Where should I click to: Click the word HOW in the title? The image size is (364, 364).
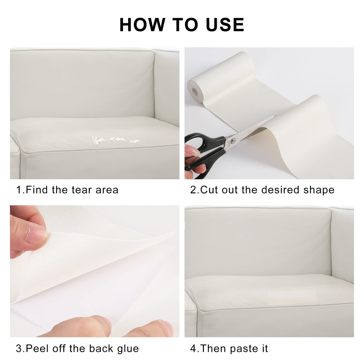coord(142,25)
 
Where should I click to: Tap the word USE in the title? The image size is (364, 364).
coord(225,25)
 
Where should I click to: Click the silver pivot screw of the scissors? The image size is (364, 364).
coord(233,140)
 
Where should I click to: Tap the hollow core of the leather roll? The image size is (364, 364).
coord(194,92)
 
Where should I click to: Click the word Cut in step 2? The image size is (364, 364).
coord(209,190)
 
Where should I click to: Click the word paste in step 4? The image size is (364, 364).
coord(244,349)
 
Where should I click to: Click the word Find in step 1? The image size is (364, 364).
coord(37,190)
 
